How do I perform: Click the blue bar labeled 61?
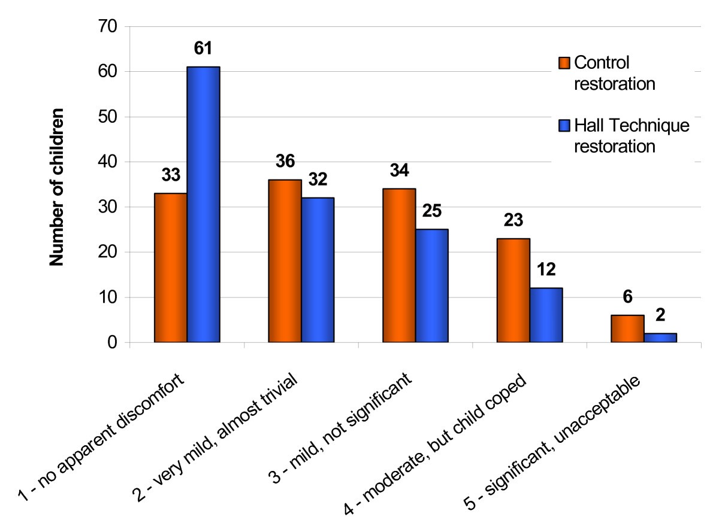[203, 205]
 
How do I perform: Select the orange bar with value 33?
[171, 268]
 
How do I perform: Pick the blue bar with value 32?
[317, 270]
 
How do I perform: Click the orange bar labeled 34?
[398, 266]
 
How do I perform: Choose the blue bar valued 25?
[431, 286]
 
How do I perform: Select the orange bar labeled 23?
[513, 290]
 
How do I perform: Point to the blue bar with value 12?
[546, 315]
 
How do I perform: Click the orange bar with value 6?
[627, 329]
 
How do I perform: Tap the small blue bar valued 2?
[660, 338]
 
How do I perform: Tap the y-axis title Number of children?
[56, 185]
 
